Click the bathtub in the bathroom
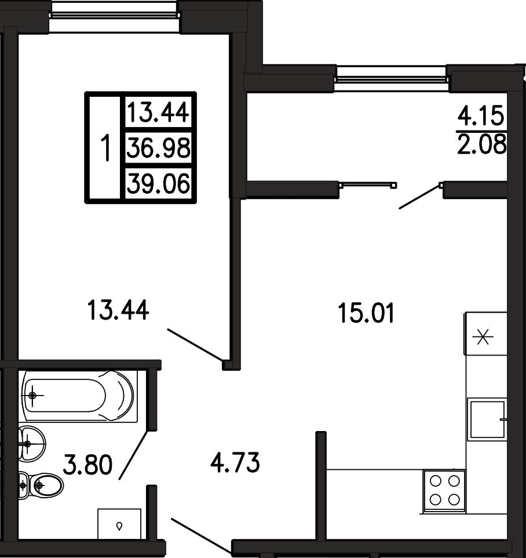click(79, 396)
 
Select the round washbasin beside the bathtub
click(32, 444)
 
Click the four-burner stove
click(444, 491)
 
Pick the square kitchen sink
click(488, 419)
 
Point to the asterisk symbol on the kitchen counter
click(483, 336)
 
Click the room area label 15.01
click(367, 313)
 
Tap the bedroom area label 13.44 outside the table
click(118, 310)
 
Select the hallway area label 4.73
click(235, 463)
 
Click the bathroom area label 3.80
click(88, 465)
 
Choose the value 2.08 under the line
click(481, 144)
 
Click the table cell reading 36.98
click(159, 148)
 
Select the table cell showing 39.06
click(159, 184)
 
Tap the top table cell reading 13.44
click(159, 112)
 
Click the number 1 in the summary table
click(105, 148)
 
